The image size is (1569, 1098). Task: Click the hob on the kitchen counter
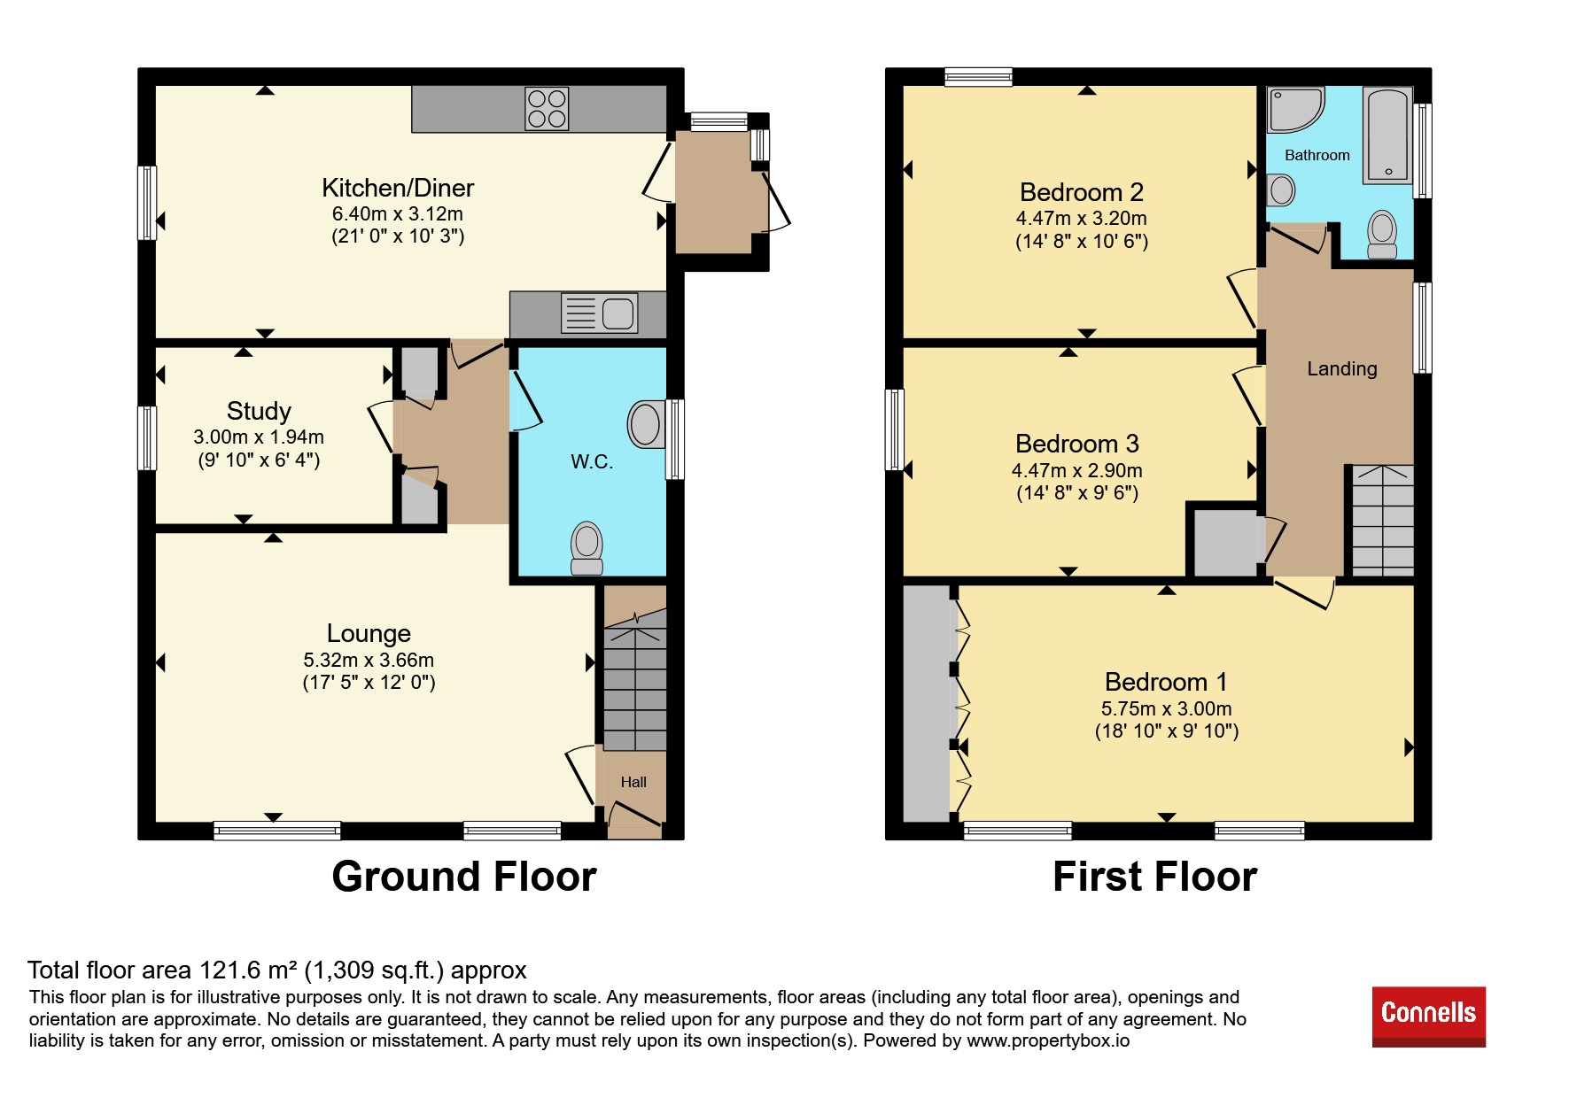[x=547, y=109]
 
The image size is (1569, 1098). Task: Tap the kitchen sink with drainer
[x=600, y=313]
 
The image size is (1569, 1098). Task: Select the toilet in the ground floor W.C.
[x=586, y=548]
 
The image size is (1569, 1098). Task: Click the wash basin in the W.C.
[x=646, y=424]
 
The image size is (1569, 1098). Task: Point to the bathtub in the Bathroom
[x=1387, y=135]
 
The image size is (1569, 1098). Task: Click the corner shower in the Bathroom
[x=1295, y=110]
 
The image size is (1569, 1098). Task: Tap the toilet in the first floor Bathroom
[x=1382, y=235]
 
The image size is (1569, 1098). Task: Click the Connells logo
[x=1429, y=1017]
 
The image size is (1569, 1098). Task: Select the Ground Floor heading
[x=464, y=877]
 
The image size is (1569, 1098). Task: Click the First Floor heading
[x=1154, y=877]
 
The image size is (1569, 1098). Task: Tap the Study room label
[x=259, y=411]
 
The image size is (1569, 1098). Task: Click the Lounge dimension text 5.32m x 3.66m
[x=369, y=660]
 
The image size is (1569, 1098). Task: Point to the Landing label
[x=1342, y=369]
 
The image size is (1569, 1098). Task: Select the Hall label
[x=633, y=782]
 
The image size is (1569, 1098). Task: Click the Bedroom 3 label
[x=1077, y=444]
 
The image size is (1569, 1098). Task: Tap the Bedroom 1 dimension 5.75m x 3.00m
[x=1166, y=708]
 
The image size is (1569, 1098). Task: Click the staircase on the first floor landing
[x=1382, y=521]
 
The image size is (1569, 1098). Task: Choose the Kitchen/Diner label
[x=398, y=188]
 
